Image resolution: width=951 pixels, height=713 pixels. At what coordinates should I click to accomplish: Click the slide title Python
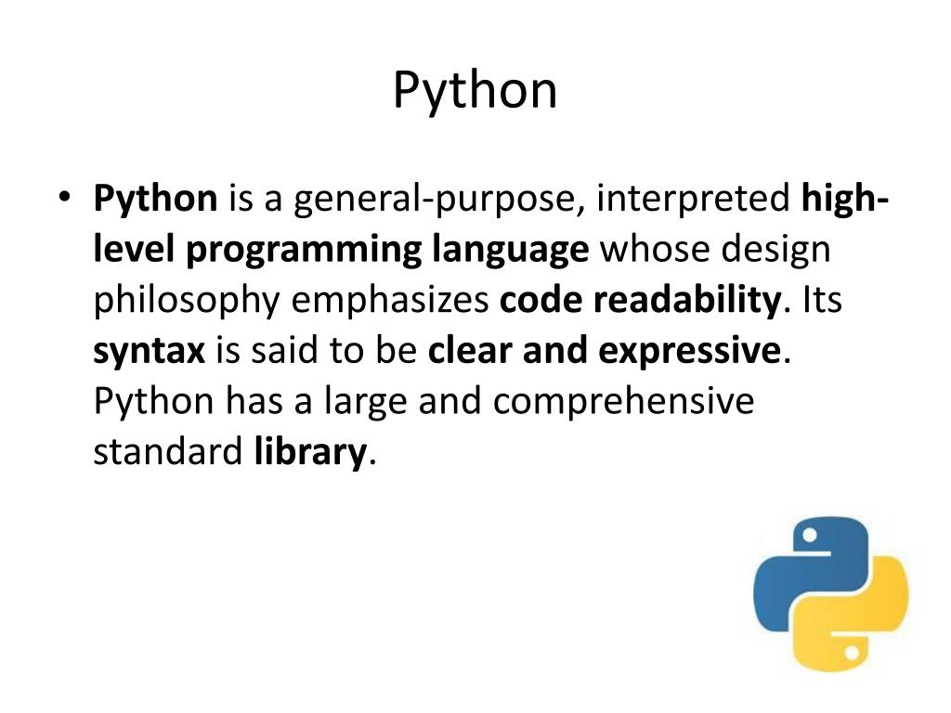[x=475, y=91]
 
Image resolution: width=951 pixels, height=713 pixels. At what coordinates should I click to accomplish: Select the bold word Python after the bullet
[x=155, y=200]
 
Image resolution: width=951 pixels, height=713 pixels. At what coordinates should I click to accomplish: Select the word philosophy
[x=186, y=301]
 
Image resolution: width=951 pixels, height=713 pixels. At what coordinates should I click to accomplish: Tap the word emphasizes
[x=390, y=301]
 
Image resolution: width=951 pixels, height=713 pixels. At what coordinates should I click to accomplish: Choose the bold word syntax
[x=149, y=351]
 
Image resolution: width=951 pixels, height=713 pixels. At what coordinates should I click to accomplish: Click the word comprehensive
[x=623, y=401]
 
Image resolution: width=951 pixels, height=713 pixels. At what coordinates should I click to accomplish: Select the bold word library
[x=309, y=452]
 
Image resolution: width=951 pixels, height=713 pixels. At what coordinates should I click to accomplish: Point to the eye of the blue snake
[x=809, y=536]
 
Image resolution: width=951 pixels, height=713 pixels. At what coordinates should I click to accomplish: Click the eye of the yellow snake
[x=852, y=652]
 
